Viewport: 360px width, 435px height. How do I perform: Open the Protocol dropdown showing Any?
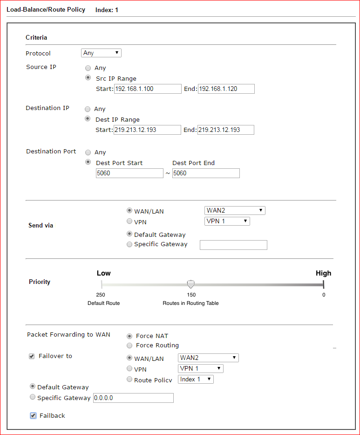pyautogui.click(x=101, y=53)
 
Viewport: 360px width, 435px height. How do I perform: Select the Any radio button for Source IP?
pyautogui.click(x=88, y=68)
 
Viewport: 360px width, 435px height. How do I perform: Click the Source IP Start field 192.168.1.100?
pyautogui.click(x=147, y=89)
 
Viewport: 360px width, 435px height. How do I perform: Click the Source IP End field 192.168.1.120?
pyautogui.click(x=226, y=89)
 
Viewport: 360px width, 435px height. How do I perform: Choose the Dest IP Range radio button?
pyautogui.click(x=87, y=119)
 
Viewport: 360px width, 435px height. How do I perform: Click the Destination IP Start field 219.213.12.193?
pyautogui.click(x=147, y=130)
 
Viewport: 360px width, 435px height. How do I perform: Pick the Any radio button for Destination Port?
pyautogui.click(x=88, y=152)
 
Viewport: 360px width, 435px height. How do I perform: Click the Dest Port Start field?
pyautogui.click(x=129, y=173)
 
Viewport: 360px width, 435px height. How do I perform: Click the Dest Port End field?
pyautogui.click(x=206, y=173)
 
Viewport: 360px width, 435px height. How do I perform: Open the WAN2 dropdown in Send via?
pyautogui.click(x=235, y=211)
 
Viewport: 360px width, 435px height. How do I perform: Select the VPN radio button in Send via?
pyautogui.click(x=129, y=221)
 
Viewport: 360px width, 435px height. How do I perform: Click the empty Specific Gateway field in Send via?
pyautogui.click(x=233, y=245)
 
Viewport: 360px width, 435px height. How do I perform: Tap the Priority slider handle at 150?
pyautogui.click(x=190, y=284)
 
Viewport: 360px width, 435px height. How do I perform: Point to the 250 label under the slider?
pyautogui.click(x=101, y=295)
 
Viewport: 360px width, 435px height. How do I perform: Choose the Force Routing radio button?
pyautogui.click(x=129, y=345)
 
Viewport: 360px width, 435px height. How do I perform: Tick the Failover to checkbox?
pyautogui.click(x=32, y=356)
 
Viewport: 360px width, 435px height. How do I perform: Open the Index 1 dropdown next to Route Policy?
pyautogui.click(x=196, y=379)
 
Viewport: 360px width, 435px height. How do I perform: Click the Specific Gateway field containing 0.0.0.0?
pyautogui.click(x=133, y=398)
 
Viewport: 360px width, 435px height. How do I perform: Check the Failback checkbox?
pyautogui.click(x=33, y=415)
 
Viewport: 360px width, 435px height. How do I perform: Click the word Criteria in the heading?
pyautogui.click(x=36, y=37)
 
